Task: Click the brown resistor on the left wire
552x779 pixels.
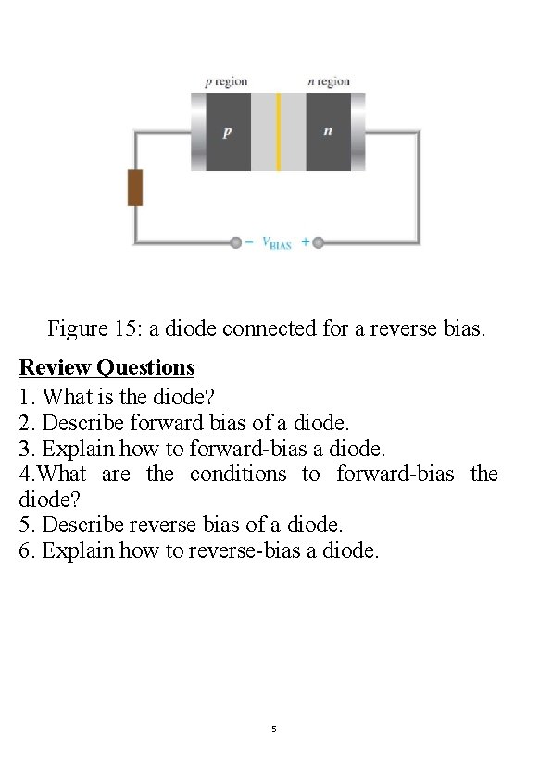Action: pyautogui.click(x=135, y=188)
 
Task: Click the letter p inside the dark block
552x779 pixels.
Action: pyautogui.click(x=227, y=131)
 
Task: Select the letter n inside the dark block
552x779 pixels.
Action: pyautogui.click(x=328, y=131)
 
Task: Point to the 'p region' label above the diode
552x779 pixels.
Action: pyautogui.click(x=226, y=81)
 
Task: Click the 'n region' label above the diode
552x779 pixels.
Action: pyautogui.click(x=329, y=81)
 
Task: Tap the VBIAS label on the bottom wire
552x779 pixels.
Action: pyautogui.click(x=277, y=243)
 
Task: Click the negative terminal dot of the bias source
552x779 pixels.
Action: pyautogui.click(x=236, y=242)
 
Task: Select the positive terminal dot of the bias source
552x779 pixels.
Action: pyautogui.click(x=318, y=242)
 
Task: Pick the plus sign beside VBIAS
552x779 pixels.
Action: pyautogui.click(x=306, y=242)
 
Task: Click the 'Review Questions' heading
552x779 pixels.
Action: pyautogui.click(x=107, y=368)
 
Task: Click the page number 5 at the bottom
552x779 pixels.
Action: pyautogui.click(x=274, y=729)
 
